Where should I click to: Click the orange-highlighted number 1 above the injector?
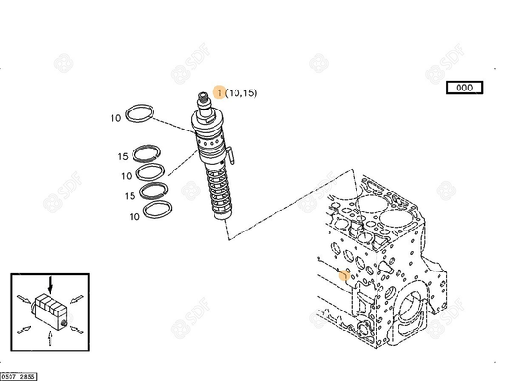219,92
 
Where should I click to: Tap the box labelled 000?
465,88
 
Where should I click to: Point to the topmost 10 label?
114,118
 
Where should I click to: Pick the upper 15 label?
124,156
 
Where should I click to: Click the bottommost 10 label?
133,217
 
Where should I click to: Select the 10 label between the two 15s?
126,176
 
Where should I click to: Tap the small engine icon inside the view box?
50,310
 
